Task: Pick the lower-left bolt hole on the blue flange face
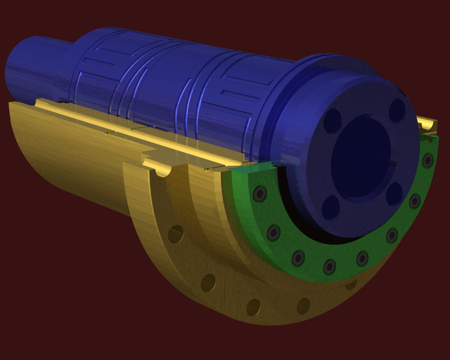click(330, 207)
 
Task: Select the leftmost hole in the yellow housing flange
click(176, 234)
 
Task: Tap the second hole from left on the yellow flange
click(208, 283)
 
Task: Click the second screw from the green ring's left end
click(274, 232)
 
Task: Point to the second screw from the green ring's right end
click(415, 201)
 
